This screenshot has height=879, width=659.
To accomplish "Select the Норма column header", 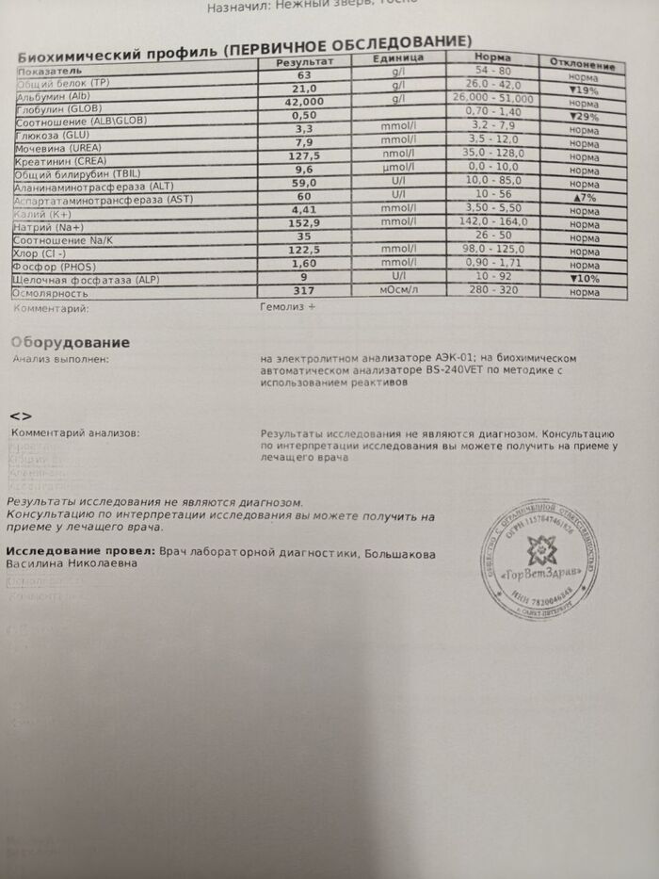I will click(x=493, y=57).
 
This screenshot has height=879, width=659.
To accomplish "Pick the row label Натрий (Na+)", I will click(x=50, y=227).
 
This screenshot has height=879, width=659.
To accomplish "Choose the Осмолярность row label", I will click(x=48, y=293).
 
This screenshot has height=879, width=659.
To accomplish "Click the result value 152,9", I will click(x=304, y=222).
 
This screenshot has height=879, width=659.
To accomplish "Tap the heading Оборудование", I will click(x=70, y=343).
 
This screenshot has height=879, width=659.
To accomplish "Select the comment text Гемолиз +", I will click(x=288, y=307).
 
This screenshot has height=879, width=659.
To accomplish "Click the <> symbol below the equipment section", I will click(x=21, y=415).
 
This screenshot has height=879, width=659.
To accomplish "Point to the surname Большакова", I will click(x=400, y=555).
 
